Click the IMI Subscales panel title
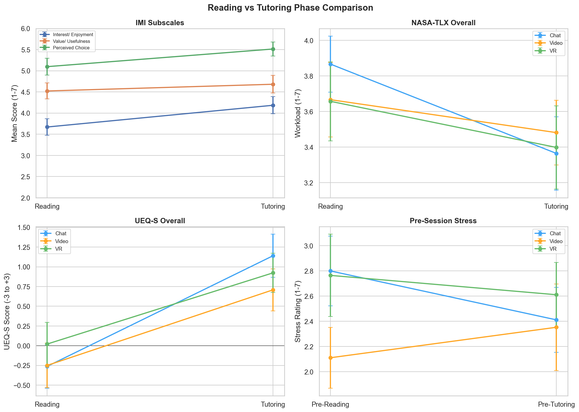tap(160, 23)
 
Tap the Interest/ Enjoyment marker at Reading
tap(47, 127)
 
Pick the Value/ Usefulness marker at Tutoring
tap(273, 84)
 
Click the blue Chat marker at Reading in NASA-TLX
tap(330, 64)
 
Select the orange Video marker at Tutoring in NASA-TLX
tap(556, 133)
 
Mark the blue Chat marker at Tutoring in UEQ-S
tap(273, 256)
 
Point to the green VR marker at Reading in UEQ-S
tap(47, 344)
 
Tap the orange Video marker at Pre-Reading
tap(330, 358)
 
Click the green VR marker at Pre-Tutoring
tap(556, 295)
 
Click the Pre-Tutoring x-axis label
tap(556, 404)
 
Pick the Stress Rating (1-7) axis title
tap(298, 311)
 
